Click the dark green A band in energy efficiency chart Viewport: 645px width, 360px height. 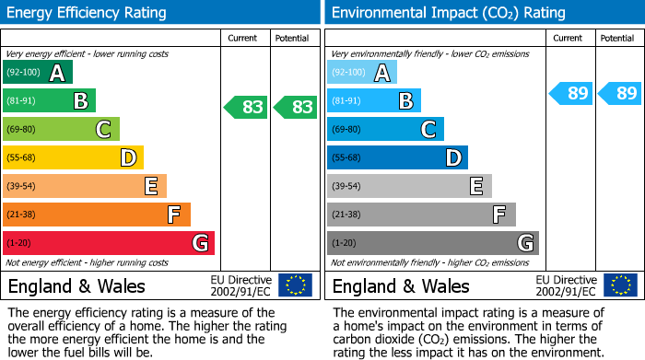pyautogui.click(x=37, y=73)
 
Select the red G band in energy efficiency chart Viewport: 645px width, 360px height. pyautogui.click(x=108, y=243)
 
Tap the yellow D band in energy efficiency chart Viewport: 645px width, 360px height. pyautogui.click(x=73, y=158)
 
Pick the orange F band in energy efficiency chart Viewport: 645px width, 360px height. pyautogui.click(x=96, y=215)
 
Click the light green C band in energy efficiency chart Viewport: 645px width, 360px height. pyautogui.click(x=61, y=130)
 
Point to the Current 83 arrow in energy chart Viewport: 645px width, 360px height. pyautogui.click(x=246, y=107)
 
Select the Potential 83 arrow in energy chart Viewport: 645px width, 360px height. pyautogui.click(x=295, y=107)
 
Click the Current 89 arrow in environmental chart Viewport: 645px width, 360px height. pyautogui.click(x=570, y=93)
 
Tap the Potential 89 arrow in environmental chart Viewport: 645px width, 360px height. pyautogui.click(x=619, y=93)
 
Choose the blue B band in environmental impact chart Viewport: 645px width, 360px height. pyautogui.click(x=373, y=101)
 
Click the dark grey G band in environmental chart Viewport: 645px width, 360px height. pyautogui.click(x=432, y=243)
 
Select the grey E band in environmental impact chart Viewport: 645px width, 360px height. pyautogui.click(x=408, y=186)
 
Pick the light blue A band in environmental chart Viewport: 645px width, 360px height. pyautogui.click(x=361, y=73)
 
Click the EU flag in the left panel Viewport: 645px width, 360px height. pyautogui.click(x=295, y=285)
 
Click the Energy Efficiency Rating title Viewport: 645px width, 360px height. pyautogui.click(x=88, y=13)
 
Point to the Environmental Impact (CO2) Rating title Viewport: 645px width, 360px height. pyautogui.click(x=447, y=13)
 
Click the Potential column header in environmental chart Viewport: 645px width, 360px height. pyautogui.click(x=617, y=38)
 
